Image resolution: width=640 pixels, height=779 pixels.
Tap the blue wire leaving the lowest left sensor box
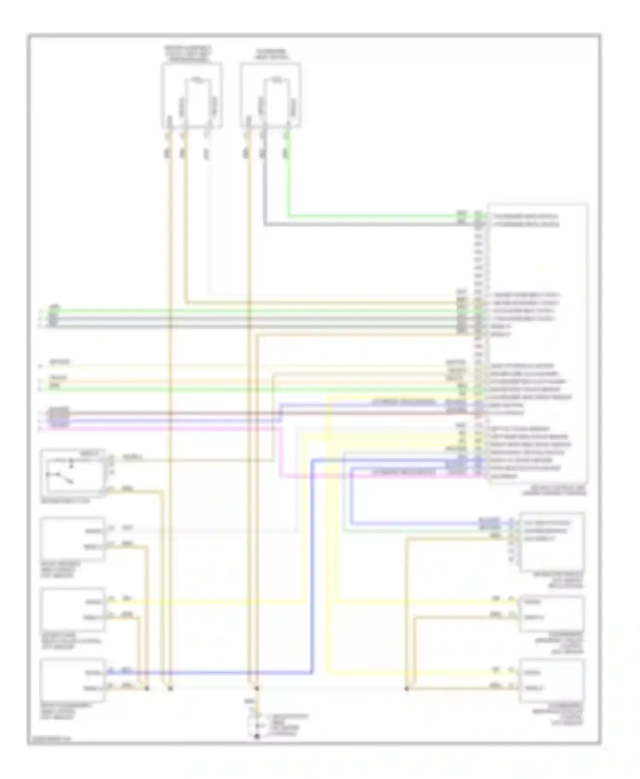tap(213, 673)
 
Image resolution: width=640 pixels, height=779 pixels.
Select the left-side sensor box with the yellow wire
tap(73, 609)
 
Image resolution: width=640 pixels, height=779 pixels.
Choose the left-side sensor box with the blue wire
tap(73, 680)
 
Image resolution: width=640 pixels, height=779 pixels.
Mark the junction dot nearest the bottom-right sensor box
tap(407, 689)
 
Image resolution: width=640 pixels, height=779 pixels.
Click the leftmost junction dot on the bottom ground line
tap(147, 689)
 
